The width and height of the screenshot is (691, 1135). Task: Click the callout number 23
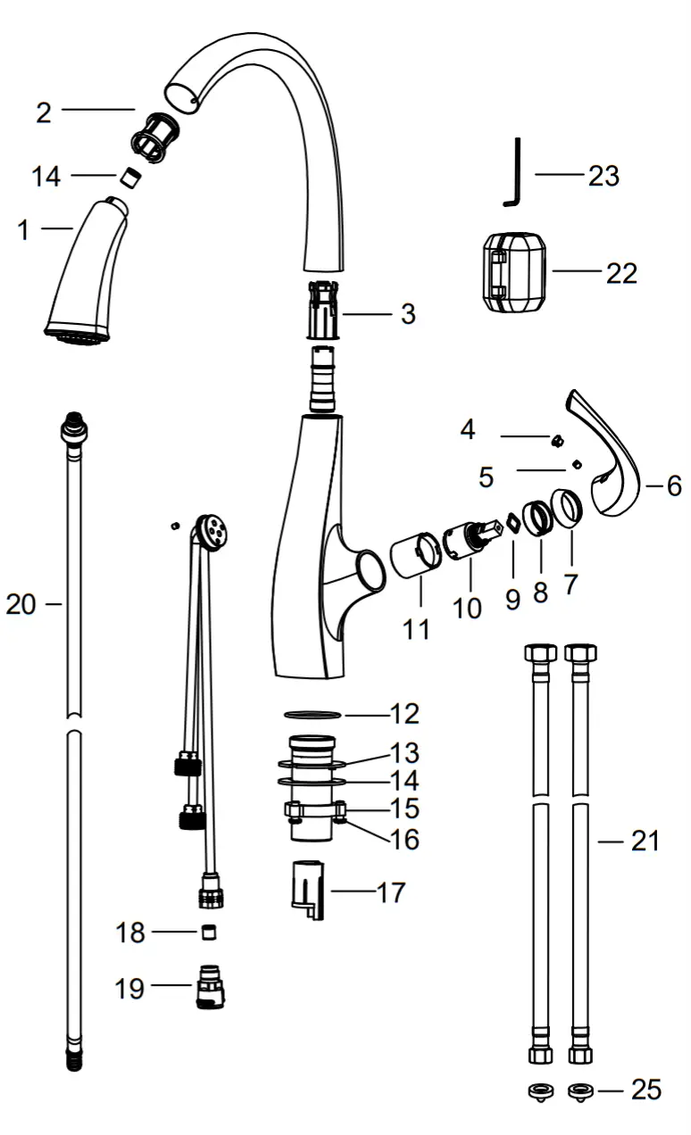tap(604, 176)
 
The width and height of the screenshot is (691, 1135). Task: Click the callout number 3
tap(407, 314)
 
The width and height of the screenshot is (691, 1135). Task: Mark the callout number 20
tap(21, 605)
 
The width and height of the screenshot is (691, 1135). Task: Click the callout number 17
tap(390, 892)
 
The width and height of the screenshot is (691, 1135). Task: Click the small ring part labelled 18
tap(209, 932)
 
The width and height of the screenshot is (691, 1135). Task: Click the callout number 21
tap(645, 840)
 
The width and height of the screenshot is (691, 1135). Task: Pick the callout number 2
tap(44, 112)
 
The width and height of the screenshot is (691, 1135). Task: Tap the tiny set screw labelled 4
tap(555, 439)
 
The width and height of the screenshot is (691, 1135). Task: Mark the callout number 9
tap(512, 600)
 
